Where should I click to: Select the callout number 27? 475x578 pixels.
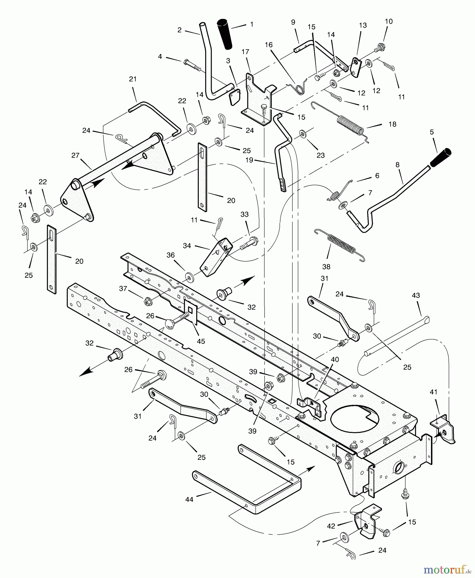(75, 155)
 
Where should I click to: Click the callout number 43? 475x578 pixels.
(416, 295)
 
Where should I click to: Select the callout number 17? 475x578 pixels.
(245, 52)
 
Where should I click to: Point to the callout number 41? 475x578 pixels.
(434, 392)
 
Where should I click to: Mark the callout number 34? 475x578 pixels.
(187, 246)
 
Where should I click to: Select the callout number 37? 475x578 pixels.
(123, 289)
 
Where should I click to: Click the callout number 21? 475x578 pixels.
(133, 79)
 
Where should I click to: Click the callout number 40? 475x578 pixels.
(335, 360)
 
